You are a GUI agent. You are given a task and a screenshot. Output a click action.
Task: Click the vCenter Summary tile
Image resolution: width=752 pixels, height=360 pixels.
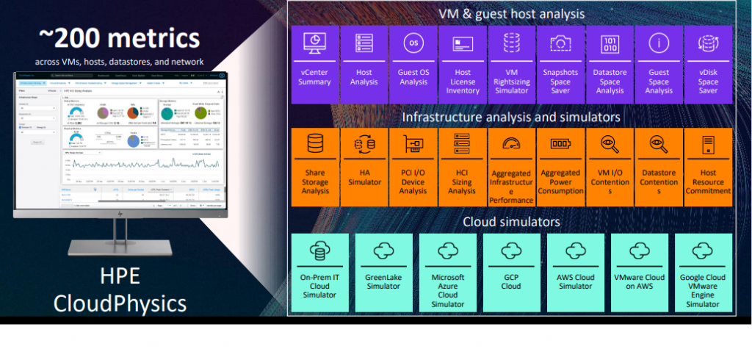coord(314,65)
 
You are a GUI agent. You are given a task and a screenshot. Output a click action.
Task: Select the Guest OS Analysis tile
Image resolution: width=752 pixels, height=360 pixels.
coord(413,65)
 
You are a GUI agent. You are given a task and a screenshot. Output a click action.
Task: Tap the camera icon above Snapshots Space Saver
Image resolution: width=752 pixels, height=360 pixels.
coord(560,44)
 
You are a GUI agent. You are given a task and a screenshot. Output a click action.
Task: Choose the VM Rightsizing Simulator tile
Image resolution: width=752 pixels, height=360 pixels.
coord(511,65)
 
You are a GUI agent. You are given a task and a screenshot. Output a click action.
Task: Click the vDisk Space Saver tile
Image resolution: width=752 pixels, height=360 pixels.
coord(708,65)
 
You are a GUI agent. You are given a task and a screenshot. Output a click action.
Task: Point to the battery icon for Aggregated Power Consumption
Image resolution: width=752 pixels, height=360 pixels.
coord(560,144)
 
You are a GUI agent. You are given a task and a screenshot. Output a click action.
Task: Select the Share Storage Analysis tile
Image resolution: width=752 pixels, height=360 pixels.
coord(314,166)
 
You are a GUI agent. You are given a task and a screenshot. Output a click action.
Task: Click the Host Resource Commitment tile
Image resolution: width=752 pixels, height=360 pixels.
coord(708,166)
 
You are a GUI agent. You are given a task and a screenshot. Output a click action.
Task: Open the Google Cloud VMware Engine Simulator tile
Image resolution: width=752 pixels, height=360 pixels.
coord(703,270)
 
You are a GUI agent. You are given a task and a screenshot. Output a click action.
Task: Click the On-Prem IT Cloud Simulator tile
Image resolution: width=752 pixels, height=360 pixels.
coord(319,270)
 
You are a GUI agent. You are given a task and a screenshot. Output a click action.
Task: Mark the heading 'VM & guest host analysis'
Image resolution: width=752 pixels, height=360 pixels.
coord(511,13)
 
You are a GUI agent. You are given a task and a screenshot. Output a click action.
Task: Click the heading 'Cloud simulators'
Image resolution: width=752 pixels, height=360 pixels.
coord(511,221)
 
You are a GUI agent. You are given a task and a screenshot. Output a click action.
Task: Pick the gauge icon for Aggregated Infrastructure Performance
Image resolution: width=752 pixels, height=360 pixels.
coord(511,144)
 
